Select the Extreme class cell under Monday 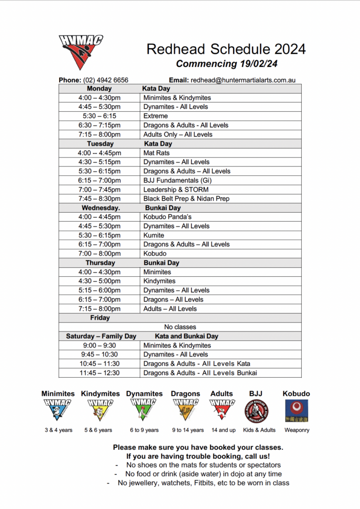click(x=156, y=116)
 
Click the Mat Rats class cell click(x=157, y=153)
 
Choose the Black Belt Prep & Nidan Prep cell click(x=186, y=199)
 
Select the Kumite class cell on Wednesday click(x=154, y=235)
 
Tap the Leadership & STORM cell click(x=176, y=189)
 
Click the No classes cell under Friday click(x=180, y=327)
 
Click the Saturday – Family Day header click(x=101, y=336)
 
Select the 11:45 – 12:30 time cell click(x=99, y=373)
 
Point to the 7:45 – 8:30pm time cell click(x=99, y=199)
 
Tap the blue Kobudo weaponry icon click(x=296, y=411)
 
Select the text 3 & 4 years click(x=59, y=430)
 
